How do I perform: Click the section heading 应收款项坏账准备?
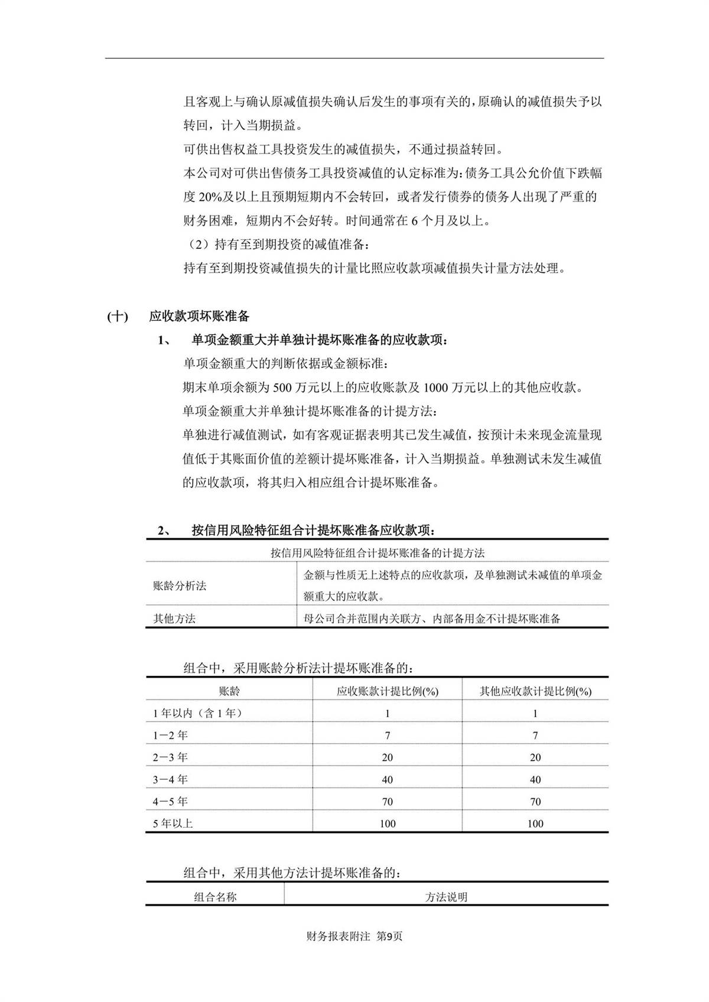coord(199,317)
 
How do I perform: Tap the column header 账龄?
coord(229,691)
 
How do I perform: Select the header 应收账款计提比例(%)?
coord(387,691)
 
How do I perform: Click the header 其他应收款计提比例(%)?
coord(535,691)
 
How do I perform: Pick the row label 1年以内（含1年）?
coord(197,713)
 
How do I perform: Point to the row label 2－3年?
coord(170,757)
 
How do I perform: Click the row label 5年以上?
coord(173,824)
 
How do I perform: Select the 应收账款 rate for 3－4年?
coord(387,780)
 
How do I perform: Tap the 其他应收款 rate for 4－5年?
coord(535,802)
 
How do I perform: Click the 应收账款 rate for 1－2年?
coord(387,736)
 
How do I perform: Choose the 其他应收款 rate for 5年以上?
coord(535,824)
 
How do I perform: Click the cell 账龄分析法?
coord(180,586)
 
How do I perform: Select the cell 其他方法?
coord(174,619)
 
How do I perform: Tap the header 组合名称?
coord(215,897)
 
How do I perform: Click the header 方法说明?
coord(446,897)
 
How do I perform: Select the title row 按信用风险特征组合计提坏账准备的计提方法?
coord(377,553)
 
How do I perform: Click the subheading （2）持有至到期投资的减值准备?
coord(278,244)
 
